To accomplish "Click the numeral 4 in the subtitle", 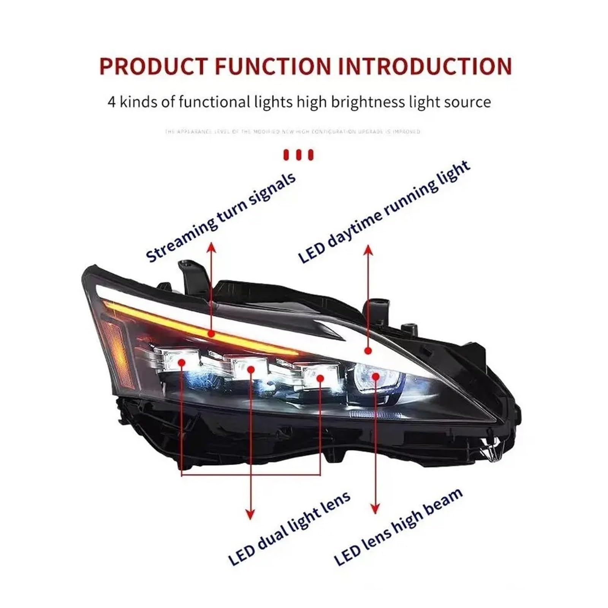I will pyautogui.click(x=111, y=102).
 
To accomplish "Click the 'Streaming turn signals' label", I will pyautogui.click(x=220, y=217).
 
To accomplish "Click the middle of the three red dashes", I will pyautogui.click(x=299, y=155).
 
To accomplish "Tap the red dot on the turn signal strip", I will pyautogui.click(x=211, y=334).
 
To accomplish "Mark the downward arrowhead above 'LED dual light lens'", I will pyautogui.click(x=250, y=515).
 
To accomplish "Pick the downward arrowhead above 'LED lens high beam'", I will pyautogui.click(x=375, y=508).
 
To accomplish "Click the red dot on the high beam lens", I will pyautogui.click(x=376, y=376).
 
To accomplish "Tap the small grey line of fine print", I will pyautogui.click(x=293, y=131).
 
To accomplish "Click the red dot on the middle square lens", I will pyautogui.click(x=251, y=369).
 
